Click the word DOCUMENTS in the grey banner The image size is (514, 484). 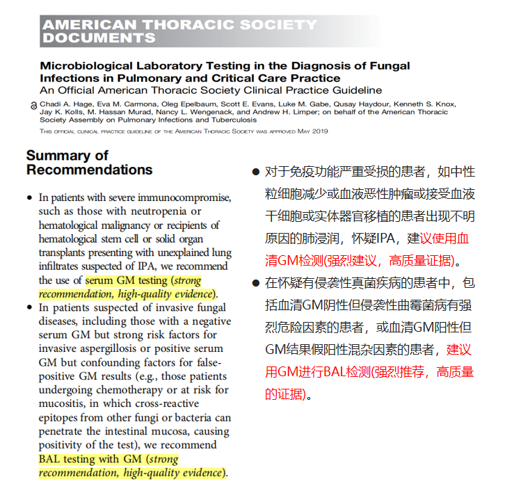99,38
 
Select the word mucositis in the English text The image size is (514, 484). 61,403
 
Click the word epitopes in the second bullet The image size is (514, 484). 61,418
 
